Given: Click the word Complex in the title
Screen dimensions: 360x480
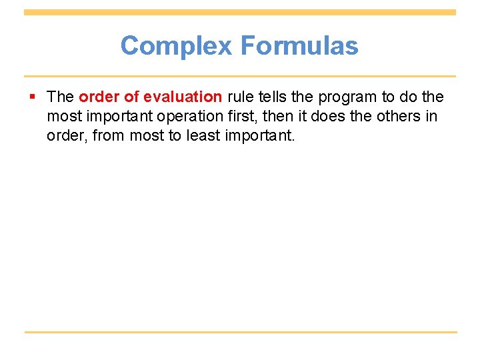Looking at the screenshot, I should click(177, 46).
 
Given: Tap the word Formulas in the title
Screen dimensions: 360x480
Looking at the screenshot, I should click(299, 46).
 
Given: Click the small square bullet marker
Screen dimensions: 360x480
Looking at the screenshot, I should click(33, 97).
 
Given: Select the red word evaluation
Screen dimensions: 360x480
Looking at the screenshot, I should click(182, 97).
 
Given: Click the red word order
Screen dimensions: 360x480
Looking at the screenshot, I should click(98, 97).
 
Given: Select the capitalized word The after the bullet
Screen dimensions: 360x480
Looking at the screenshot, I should click(60, 97).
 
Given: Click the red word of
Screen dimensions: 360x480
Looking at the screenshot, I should click(131, 97).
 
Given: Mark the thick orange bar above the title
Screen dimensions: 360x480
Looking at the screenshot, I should click(240, 12).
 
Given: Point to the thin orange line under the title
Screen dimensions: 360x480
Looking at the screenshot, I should click(240, 76).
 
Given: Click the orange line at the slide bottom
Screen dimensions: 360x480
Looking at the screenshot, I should click(240, 332).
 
